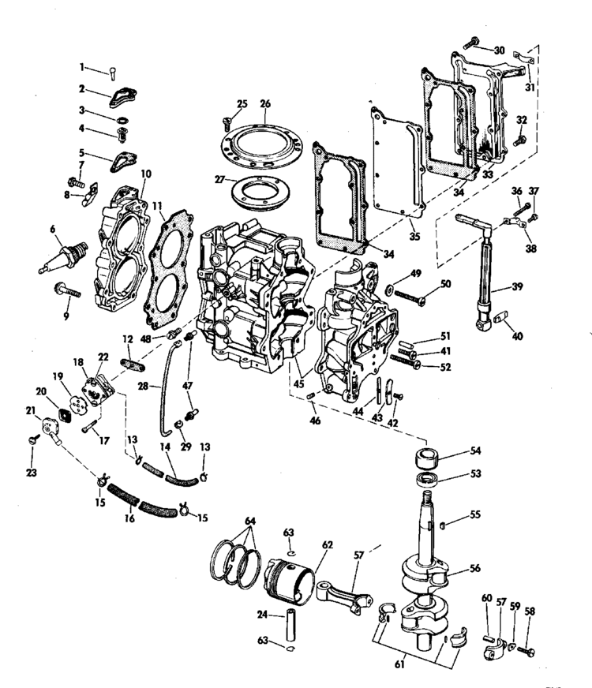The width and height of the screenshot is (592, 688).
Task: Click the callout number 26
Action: (265, 104)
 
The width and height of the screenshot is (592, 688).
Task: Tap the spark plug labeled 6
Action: (63, 257)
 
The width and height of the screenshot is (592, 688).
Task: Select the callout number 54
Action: (475, 451)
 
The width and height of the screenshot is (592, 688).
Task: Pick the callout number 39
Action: (517, 286)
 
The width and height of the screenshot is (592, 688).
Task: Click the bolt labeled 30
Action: (471, 43)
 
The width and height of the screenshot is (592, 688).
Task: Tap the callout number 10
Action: (146, 174)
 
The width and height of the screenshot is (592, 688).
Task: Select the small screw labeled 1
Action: (112, 73)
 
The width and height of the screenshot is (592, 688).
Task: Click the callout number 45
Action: (299, 384)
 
